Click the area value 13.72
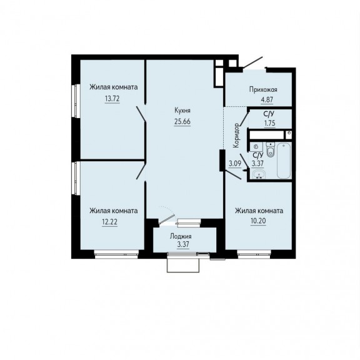(112, 99)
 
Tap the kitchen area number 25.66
(182, 121)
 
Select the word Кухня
(182, 111)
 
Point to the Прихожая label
(263, 89)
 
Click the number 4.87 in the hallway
(267, 100)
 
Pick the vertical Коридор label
(236, 136)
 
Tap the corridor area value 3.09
(234, 164)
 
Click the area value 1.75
(270, 123)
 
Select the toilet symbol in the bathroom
(271, 149)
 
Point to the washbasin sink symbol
(259, 174)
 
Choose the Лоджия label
(181, 236)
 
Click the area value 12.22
(110, 222)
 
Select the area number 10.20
(258, 221)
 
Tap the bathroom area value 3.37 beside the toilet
(257, 164)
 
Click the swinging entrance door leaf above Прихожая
(252, 62)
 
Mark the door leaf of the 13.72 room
(141, 114)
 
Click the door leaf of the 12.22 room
(141, 171)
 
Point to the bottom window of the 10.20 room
(254, 254)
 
